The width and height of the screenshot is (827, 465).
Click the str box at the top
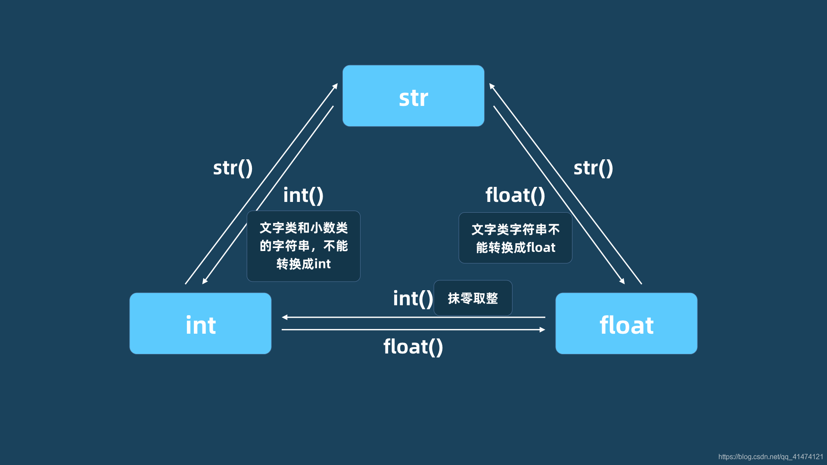[x=413, y=96]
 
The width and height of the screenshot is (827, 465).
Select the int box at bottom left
[x=200, y=323]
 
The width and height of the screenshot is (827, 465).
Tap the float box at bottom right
[x=626, y=323]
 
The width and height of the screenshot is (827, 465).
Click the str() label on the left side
[x=233, y=168]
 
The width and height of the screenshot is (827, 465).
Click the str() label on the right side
[x=593, y=168]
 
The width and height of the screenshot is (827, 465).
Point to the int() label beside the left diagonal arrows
[x=303, y=195]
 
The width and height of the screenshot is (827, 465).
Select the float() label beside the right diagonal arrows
[x=515, y=195]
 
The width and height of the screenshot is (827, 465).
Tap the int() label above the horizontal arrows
[x=413, y=298]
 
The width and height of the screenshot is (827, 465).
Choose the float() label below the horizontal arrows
[x=413, y=347]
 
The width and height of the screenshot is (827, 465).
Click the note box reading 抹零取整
[x=473, y=298]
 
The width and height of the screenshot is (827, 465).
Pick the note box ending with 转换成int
[x=303, y=246]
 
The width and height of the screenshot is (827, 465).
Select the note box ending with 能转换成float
[x=515, y=238]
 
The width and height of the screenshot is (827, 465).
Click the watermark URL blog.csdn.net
[x=771, y=457]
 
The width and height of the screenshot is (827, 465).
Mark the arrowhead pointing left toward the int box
[x=285, y=317]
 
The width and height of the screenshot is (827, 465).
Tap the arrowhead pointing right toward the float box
[x=542, y=330]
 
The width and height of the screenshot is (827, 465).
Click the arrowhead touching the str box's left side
[x=336, y=86]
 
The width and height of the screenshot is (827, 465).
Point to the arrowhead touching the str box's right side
[x=491, y=86]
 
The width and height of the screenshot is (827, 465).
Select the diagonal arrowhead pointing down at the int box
[x=205, y=282]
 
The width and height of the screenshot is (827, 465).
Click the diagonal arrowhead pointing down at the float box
[x=622, y=282]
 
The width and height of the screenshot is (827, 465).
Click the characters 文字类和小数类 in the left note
[x=303, y=228]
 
